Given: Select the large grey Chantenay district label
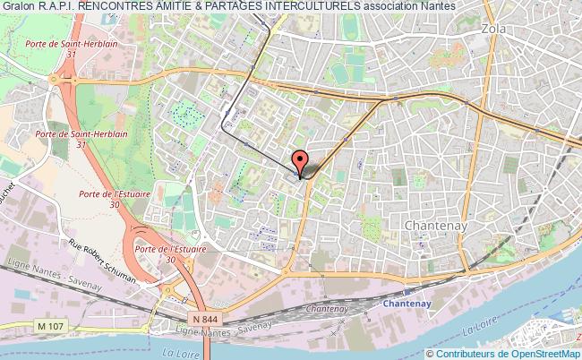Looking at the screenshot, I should (x=435, y=225).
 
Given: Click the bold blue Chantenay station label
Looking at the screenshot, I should (x=407, y=304).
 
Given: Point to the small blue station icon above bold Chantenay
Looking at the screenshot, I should (x=407, y=291).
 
